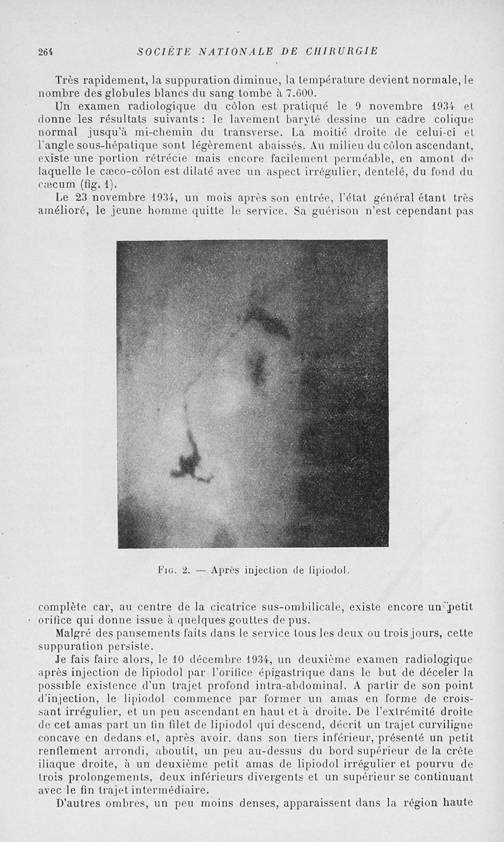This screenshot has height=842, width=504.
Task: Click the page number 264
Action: [x=46, y=52]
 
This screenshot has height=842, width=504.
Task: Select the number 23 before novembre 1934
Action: [x=81, y=198]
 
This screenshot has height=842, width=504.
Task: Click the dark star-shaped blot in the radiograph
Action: [x=188, y=462]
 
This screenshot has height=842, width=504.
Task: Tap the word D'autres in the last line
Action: [x=79, y=803]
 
